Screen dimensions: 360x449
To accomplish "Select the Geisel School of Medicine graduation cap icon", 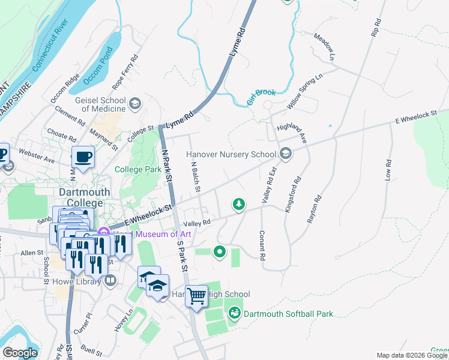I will tap(135, 104).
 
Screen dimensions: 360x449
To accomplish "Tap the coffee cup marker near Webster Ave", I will tap(83, 158).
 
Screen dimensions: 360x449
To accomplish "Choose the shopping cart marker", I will tap(196, 296).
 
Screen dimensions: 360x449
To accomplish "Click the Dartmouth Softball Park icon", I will tap(235, 313).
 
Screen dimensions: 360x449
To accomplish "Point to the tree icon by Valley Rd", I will tap(239, 205).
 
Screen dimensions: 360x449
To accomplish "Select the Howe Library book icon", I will tap(110, 281).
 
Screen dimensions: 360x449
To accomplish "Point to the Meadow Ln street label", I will tap(324, 47).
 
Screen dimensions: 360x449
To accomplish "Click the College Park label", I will tap(138, 170).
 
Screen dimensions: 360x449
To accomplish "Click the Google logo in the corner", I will tap(20, 353).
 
